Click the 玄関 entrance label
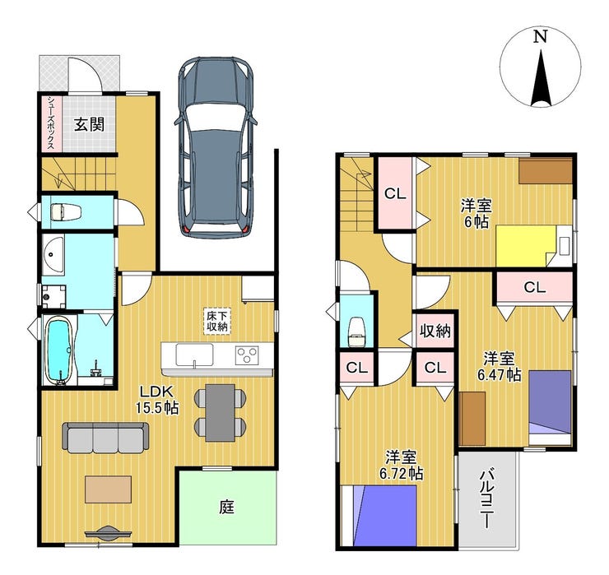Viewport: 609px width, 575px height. coord(90,125)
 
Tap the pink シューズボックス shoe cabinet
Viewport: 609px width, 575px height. coord(51,123)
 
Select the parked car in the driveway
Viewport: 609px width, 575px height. coord(216,146)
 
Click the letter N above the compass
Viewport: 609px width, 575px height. coord(540,36)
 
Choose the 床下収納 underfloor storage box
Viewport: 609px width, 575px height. coord(216,321)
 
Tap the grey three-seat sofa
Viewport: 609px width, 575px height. coord(105,438)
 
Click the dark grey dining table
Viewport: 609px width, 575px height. coord(221,412)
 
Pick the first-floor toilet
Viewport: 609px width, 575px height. coord(66,212)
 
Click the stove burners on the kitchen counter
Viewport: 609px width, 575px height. coord(247,355)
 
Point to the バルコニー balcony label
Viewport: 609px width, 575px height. coord(487,498)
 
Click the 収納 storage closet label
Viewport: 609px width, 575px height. coord(435,332)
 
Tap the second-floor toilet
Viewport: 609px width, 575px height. coord(356,332)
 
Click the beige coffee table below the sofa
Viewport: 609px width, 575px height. coord(109,489)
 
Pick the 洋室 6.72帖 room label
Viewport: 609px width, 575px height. coord(402,466)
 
